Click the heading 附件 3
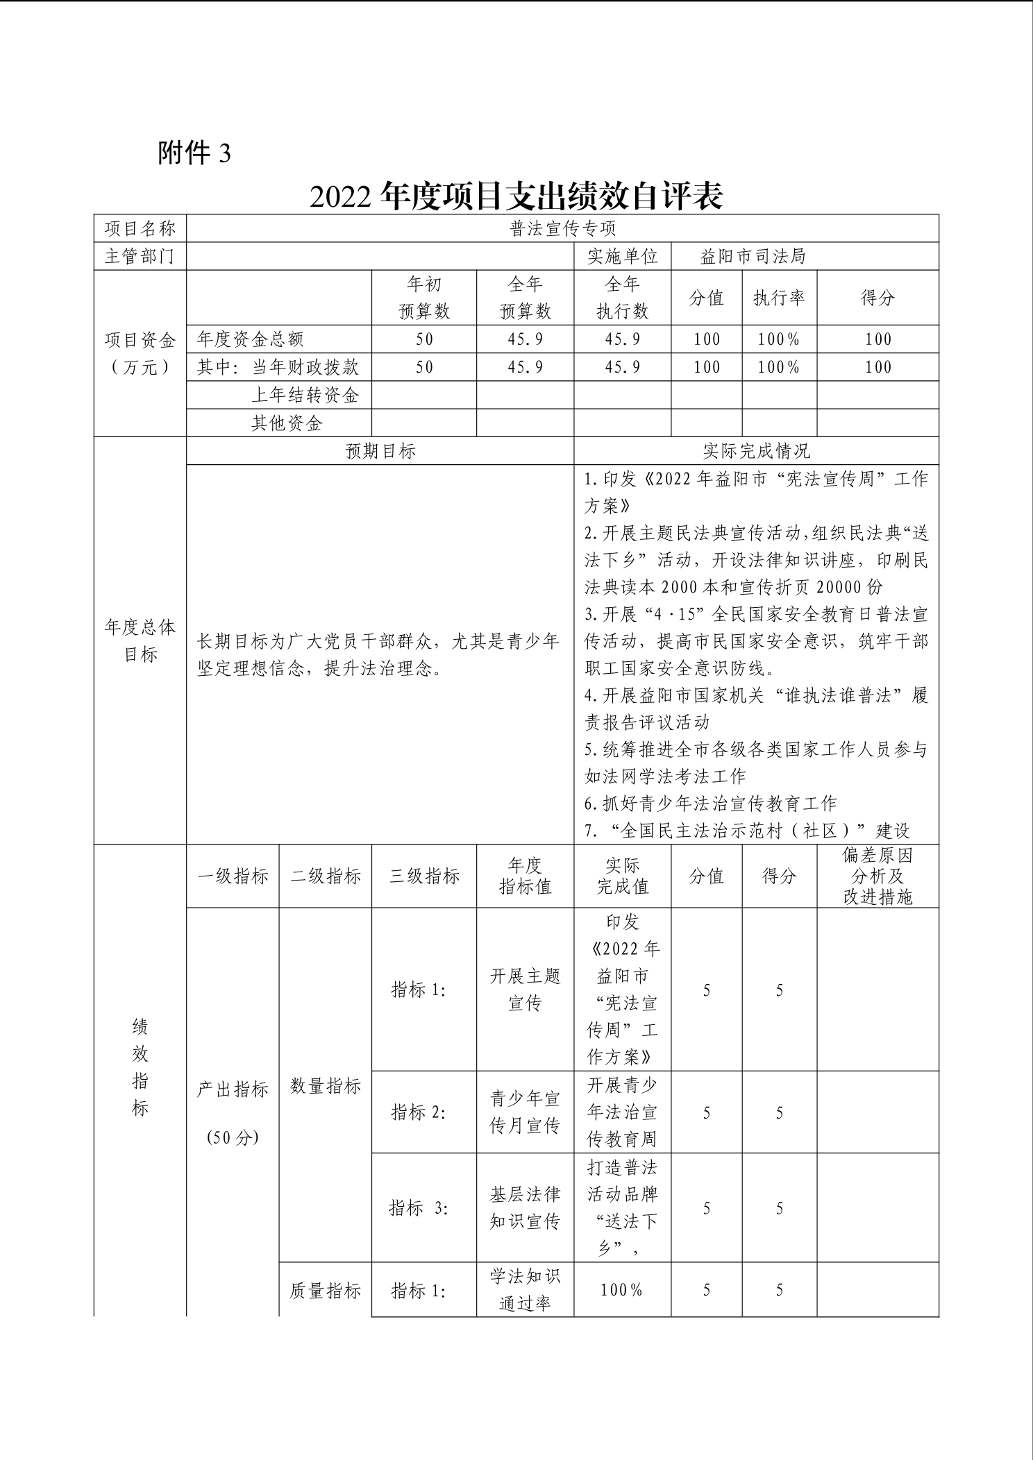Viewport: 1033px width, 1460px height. coord(194,153)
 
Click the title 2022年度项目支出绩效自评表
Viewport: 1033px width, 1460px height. coord(516,196)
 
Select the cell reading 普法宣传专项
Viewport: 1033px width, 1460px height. coord(562,228)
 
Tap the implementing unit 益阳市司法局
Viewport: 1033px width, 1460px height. coord(753,256)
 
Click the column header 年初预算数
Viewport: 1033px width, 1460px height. coord(424,298)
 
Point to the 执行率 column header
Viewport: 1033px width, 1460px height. coord(779,298)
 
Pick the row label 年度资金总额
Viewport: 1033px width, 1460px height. coord(251,339)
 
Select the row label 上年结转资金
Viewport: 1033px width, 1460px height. coord(305,395)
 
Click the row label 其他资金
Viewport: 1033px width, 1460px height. coord(287,423)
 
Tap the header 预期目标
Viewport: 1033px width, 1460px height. coord(380,451)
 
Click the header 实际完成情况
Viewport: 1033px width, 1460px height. coord(756,451)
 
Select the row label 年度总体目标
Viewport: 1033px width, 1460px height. coord(140,640)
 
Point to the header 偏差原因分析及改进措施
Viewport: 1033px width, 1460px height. coord(877,876)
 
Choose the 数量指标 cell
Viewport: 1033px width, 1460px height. coord(326,1086)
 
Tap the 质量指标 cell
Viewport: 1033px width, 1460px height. coord(326,1290)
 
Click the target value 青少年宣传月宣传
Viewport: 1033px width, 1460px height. coord(525,1112)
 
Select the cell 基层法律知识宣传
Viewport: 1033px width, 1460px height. coord(525,1207)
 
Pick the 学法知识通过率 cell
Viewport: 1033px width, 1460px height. coord(525,1289)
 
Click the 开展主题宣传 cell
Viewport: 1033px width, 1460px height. coord(525,990)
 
